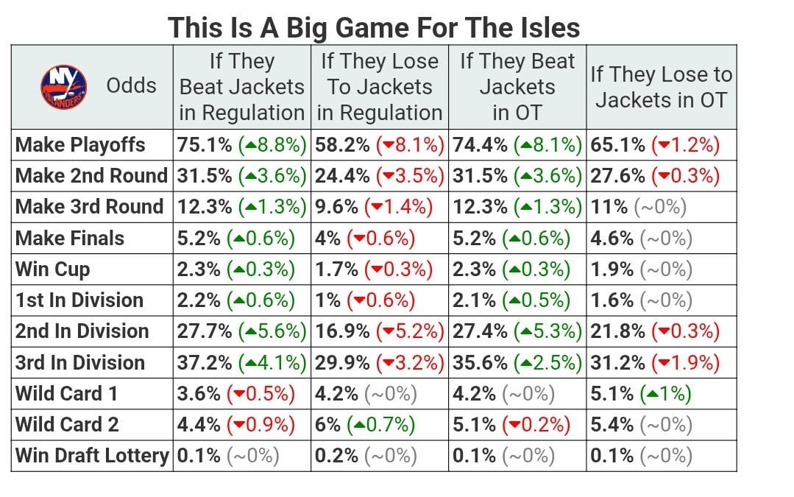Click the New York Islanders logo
[63, 85]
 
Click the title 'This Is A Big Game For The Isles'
[374, 28]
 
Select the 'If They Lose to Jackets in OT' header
[661, 87]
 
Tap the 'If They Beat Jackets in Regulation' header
[241, 87]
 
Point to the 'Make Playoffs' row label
[81, 144]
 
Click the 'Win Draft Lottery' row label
[92, 456]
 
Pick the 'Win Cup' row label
[53, 269]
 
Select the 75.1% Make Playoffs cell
[241, 144]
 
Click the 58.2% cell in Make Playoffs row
[379, 144]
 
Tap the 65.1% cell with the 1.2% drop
[654, 144]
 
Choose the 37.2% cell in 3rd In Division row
[241, 362]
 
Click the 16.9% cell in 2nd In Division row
[379, 331]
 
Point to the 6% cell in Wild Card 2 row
[365, 425]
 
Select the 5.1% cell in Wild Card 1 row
[640, 393]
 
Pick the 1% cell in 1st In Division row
[365, 300]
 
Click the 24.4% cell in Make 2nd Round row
[379, 175]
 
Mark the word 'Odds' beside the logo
[131, 85]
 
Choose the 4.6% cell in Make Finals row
[641, 238]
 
